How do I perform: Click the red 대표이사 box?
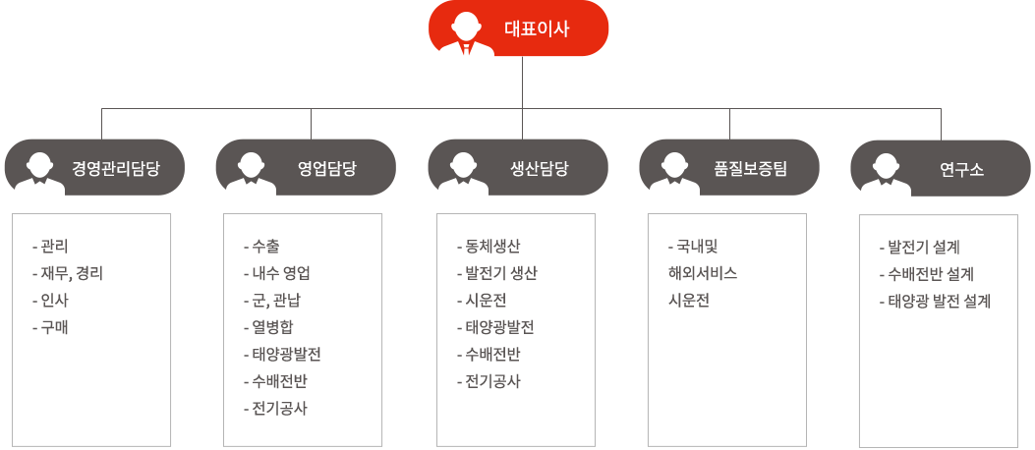[518, 28]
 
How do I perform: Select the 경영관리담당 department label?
[116, 169]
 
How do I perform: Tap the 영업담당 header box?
[306, 168]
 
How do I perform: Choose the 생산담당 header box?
[518, 168]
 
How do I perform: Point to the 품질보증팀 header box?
[729, 168]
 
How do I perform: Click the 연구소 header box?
[941, 168]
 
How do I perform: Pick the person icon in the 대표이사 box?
[467, 32]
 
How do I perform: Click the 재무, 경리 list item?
[67, 274]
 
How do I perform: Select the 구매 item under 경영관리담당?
[50, 328]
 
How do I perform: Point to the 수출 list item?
[261, 247]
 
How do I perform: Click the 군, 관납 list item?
[272, 301]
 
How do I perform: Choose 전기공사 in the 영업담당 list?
[275, 409]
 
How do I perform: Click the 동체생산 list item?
[489, 247]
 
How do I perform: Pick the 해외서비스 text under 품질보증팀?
[703, 274]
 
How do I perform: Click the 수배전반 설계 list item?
[927, 274]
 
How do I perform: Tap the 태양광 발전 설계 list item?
[935, 302]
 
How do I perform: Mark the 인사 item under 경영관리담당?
[50, 301]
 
